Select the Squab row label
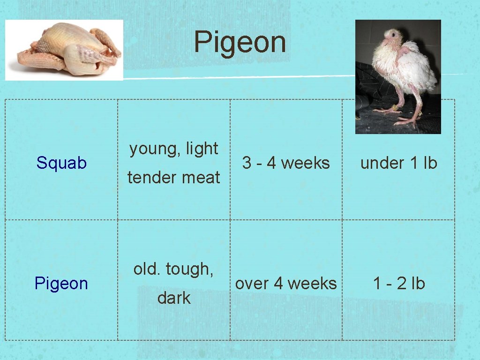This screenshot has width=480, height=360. (61, 163)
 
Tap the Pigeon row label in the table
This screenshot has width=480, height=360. (61, 284)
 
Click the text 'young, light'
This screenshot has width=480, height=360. (174, 149)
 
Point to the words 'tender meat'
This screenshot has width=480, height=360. (174, 177)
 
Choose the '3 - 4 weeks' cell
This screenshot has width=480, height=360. (286, 163)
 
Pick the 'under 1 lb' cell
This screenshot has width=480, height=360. (398, 163)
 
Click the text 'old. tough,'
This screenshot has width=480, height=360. (174, 269)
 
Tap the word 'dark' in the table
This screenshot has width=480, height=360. (174, 298)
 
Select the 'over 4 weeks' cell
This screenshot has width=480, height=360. (286, 284)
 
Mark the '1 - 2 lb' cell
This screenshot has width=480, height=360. (398, 284)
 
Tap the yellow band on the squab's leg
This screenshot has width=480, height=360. (394, 108)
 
